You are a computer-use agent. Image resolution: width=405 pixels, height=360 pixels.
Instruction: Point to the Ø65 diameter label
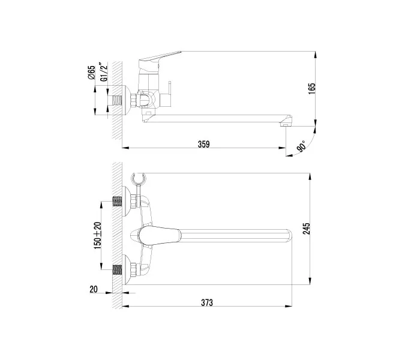(x=91, y=72)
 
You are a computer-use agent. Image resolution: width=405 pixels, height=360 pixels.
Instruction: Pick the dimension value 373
(x=206, y=302)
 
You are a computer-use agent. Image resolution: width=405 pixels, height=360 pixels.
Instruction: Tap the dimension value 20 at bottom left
(x=93, y=289)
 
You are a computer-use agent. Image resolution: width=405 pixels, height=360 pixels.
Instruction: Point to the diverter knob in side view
(x=169, y=89)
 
